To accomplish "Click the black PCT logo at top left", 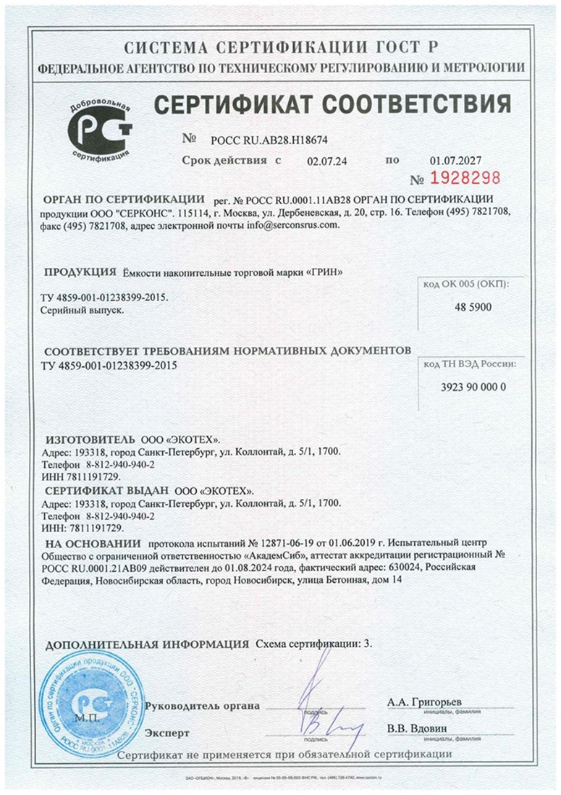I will click(100, 129).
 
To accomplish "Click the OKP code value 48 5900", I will click(472, 308).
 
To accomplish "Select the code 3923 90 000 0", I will click(473, 387).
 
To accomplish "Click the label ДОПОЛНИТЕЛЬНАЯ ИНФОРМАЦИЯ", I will click(147, 644).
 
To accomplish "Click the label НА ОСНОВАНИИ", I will click(91, 542).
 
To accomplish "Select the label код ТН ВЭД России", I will click(473, 364).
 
